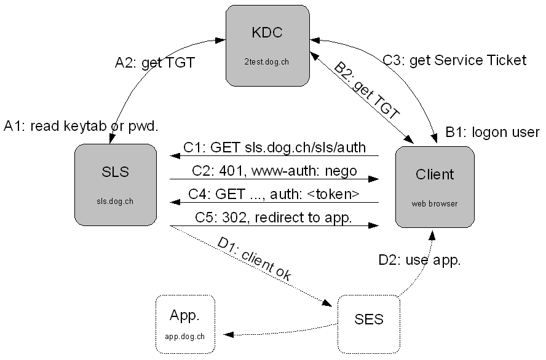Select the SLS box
click(x=115, y=184)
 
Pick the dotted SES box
click(x=369, y=319)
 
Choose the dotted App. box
click(x=185, y=324)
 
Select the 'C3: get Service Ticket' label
click(x=454, y=60)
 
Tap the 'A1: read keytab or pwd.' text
click(x=81, y=126)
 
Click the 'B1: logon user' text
click(x=492, y=132)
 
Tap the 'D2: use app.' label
click(x=419, y=260)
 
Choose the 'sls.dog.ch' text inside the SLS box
click(x=115, y=200)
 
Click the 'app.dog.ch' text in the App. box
click(x=185, y=336)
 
